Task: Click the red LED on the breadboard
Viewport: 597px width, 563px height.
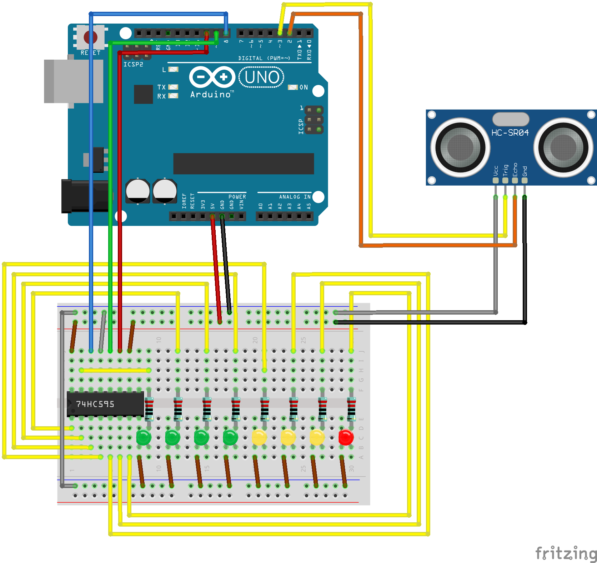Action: (x=346, y=437)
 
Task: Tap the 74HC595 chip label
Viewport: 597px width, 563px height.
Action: (x=95, y=404)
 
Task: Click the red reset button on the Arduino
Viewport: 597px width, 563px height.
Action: (x=90, y=37)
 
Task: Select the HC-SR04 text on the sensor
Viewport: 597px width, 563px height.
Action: (x=510, y=133)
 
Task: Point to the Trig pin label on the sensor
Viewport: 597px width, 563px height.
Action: (x=505, y=170)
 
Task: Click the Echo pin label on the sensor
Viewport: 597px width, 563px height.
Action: (x=515, y=170)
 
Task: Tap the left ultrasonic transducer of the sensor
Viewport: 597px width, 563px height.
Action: (x=460, y=147)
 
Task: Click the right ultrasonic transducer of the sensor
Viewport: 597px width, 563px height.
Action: (x=563, y=147)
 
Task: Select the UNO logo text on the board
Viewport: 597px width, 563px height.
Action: (x=262, y=77)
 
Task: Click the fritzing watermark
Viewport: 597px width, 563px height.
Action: (x=566, y=553)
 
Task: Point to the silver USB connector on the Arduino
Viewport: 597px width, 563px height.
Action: (x=73, y=81)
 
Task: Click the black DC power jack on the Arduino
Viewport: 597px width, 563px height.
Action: (x=85, y=196)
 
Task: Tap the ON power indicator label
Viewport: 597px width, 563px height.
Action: (x=303, y=87)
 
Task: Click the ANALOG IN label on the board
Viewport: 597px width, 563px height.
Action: (x=295, y=197)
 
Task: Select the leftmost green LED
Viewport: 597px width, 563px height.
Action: (x=144, y=437)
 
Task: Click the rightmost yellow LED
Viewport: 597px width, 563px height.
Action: (x=317, y=437)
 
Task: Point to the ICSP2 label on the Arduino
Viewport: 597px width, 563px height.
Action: (x=133, y=65)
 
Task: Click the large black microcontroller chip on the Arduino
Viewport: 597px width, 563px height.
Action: (x=244, y=164)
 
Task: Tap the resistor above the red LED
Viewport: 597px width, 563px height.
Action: (x=351, y=409)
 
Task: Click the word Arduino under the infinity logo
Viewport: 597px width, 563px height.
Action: (x=211, y=95)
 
